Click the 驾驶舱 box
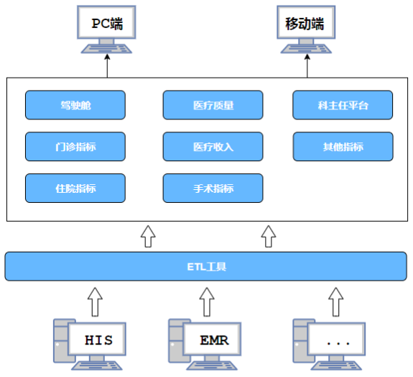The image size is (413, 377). pos(75,105)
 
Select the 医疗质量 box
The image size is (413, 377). pos(213,105)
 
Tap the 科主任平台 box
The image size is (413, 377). pos(343,105)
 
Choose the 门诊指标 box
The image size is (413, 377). pos(75,147)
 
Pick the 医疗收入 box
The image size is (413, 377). pos(213,147)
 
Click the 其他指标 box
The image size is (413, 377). pos(343,147)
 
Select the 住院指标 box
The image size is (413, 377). pos(75,188)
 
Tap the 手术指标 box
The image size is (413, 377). pos(213,188)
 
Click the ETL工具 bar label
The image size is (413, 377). pos(207,267)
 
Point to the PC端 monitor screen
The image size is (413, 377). pos(106,22)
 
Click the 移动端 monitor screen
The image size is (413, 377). pos(306,22)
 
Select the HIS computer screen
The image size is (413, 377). pos(97,339)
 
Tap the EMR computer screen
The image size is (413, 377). pos(213,339)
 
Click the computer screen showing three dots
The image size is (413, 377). pos(337,339)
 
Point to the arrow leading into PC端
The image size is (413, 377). pos(107,65)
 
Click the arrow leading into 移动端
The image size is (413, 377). pos(307,65)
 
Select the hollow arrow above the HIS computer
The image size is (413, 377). pos(95,301)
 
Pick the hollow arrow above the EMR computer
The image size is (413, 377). pos(207,301)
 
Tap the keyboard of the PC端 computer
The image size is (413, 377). pos(106,49)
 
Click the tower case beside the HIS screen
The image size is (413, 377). pos(60,341)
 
